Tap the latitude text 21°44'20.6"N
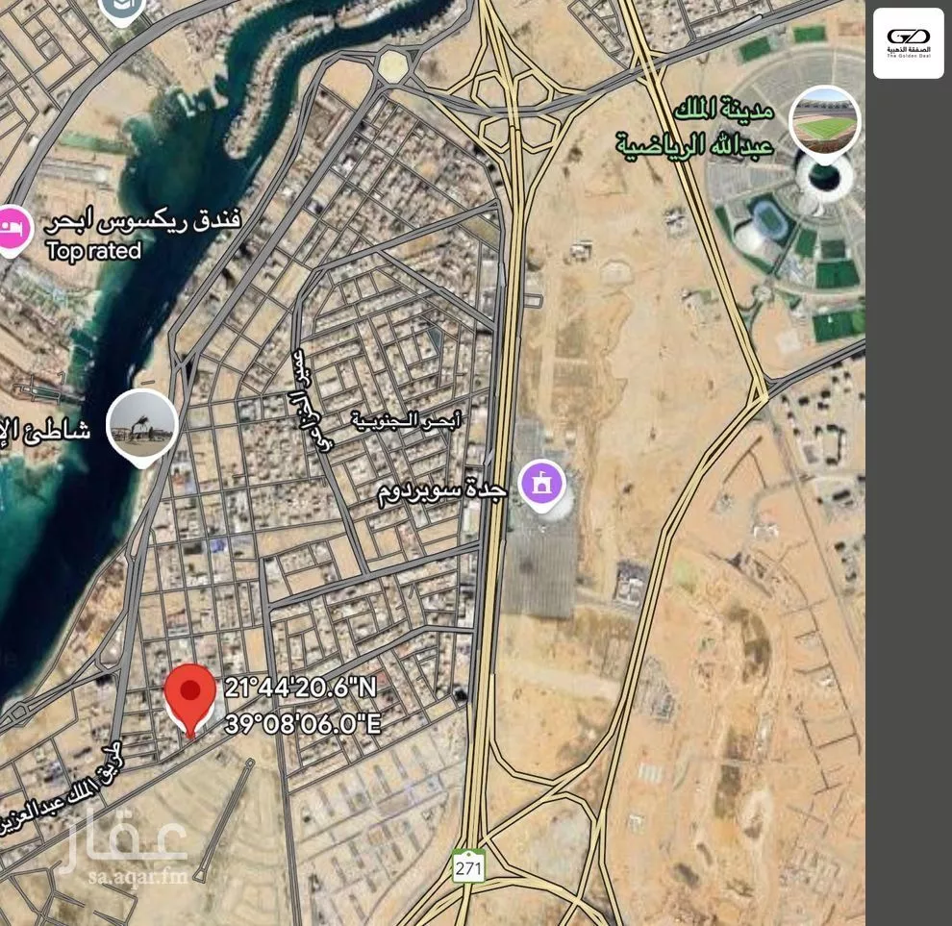coord(302,688)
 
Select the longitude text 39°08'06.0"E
coord(303,723)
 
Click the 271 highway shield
coord(468,865)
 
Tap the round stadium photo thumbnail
coord(824,120)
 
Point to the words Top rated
coord(93,251)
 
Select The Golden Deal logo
coord(908,43)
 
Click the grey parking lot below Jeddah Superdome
coord(539,567)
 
